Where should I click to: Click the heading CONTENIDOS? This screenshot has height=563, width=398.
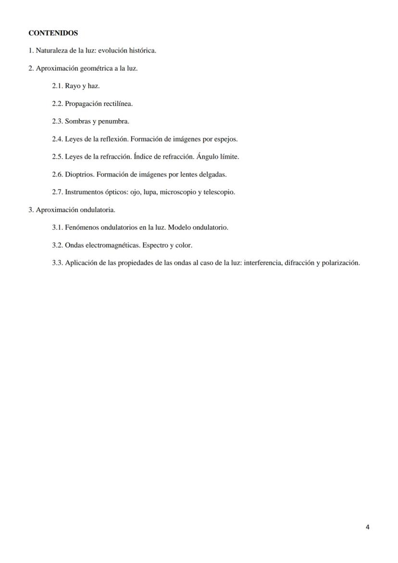[x=53, y=33]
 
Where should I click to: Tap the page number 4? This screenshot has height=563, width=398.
[x=368, y=527]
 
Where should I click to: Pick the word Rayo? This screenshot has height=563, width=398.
[x=73, y=86]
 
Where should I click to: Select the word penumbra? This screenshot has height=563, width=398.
[x=114, y=122]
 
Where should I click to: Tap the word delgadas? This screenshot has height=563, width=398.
[x=212, y=175]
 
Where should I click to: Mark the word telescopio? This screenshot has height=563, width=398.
[x=220, y=192]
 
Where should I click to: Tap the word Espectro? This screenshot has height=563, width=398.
[x=155, y=245]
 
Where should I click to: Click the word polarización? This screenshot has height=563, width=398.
[x=340, y=263]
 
